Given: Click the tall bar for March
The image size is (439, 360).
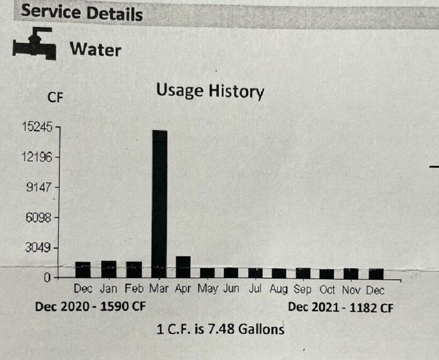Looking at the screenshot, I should [x=160, y=203].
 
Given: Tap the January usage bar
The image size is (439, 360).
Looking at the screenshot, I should [x=109, y=269].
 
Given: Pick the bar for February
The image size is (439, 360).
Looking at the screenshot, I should [x=134, y=269].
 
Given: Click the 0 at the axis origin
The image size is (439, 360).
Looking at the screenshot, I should [x=47, y=278].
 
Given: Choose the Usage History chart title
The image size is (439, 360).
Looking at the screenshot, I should [x=210, y=91].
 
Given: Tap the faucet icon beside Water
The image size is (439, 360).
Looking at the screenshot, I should [x=34, y=44].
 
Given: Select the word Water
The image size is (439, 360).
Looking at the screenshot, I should [x=95, y=50].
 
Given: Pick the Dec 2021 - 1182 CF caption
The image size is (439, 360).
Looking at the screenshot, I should [x=344, y=307].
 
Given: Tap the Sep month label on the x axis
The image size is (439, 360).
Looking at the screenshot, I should [x=302, y=290].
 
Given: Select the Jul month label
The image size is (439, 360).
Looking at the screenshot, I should [x=255, y=290].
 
